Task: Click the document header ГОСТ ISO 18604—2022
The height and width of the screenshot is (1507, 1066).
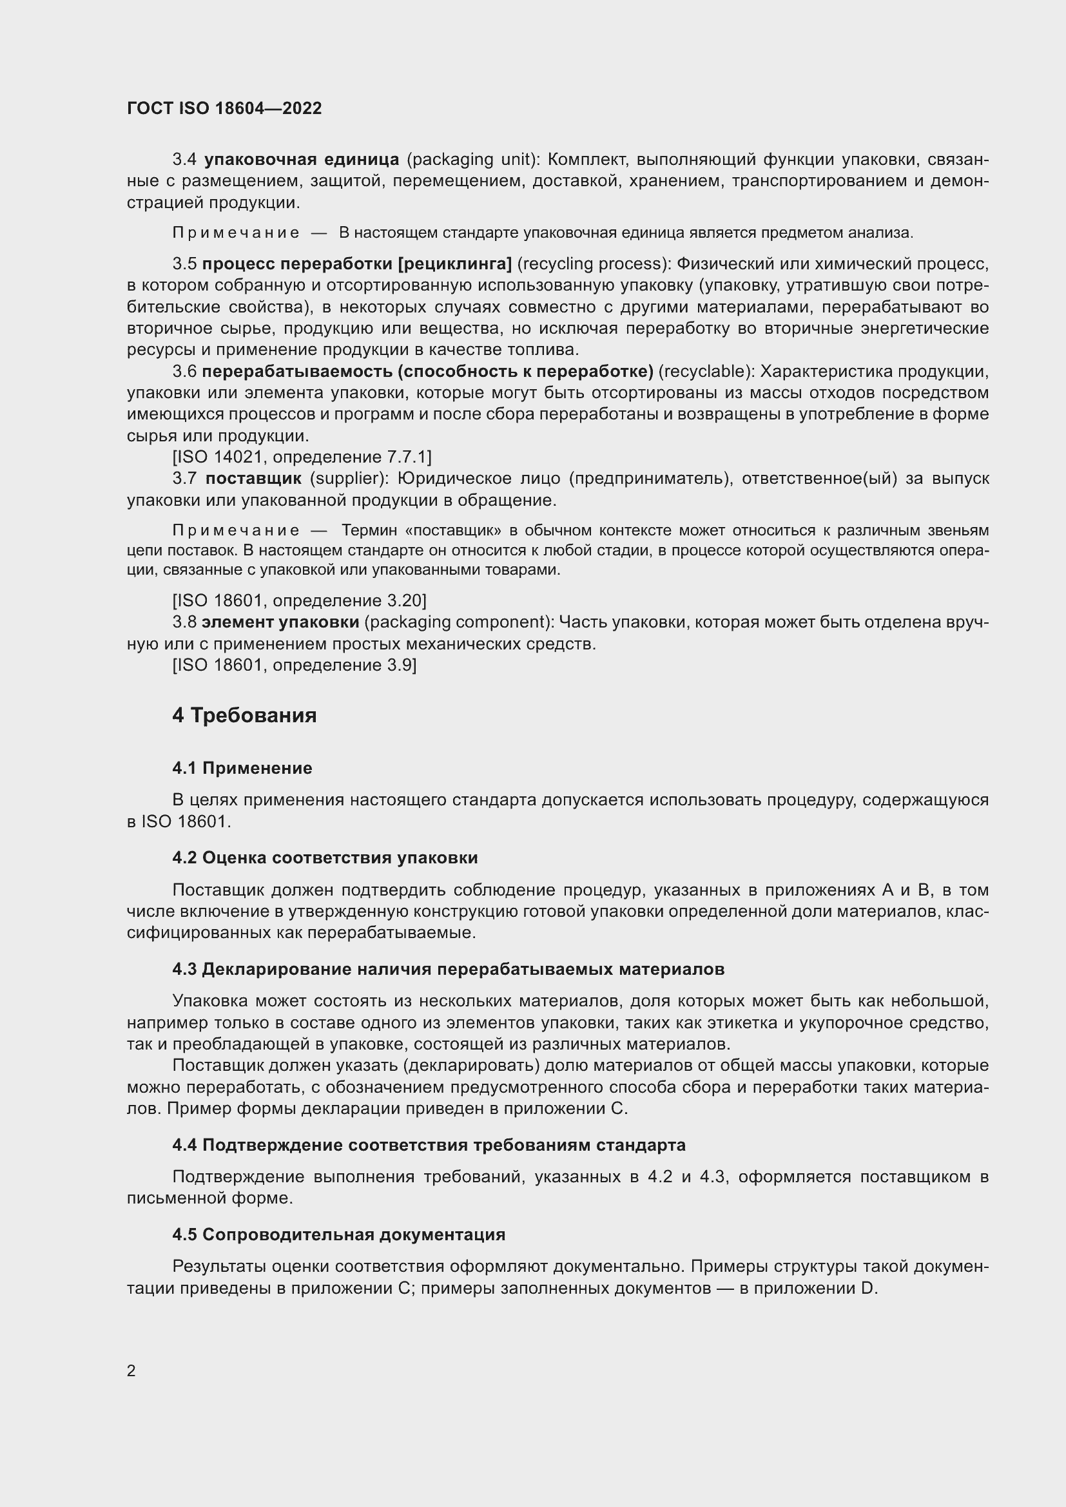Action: coord(224,108)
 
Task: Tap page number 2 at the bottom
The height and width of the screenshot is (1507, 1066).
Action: coord(131,1370)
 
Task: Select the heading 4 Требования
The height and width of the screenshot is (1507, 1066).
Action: coord(244,715)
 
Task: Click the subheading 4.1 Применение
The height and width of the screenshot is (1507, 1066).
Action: coord(242,768)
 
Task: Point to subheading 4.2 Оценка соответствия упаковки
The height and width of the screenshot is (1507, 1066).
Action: coord(325,857)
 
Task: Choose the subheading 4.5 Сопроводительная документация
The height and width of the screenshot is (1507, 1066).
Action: coord(339,1234)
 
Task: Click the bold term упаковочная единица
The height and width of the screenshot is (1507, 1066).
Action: coord(302,160)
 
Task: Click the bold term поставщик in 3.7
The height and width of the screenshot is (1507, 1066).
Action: coord(253,479)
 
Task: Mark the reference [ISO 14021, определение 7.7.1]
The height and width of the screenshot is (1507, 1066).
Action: coord(302,457)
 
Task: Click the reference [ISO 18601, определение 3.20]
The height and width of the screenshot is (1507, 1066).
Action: coord(299,600)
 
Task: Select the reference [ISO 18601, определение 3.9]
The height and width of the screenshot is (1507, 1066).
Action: coord(294,665)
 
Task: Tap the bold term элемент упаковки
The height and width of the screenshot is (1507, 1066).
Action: coord(280,622)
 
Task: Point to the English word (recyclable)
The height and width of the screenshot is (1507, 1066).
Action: coord(706,372)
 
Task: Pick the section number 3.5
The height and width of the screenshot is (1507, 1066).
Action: coord(184,264)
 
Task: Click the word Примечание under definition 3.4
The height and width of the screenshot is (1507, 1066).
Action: coord(236,233)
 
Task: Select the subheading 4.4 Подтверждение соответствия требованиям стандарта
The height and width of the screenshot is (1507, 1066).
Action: coord(429,1145)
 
